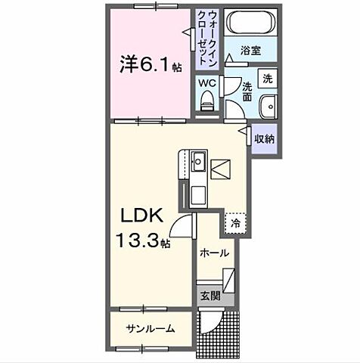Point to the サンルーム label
tap(151, 328)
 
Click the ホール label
tap(214, 253)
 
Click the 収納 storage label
tap(263, 138)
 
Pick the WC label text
tap(207, 82)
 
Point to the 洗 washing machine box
tap(266, 78)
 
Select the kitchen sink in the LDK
tap(198, 162)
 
